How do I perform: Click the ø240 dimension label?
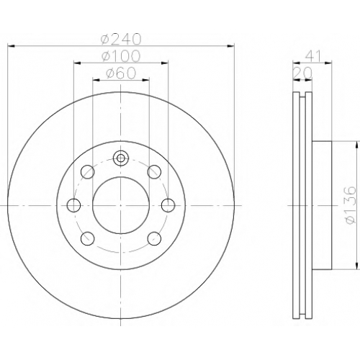coord(121,39)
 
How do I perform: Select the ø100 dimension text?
coord(121,56)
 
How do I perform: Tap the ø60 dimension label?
coord(121,73)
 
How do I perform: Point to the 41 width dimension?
coord(312,57)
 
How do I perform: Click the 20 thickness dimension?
coord(303,73)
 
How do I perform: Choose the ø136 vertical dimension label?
coord(351,204)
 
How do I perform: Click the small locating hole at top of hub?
coord(121,158)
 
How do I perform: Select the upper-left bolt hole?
coord(87,172)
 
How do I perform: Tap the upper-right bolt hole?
coord(154,172)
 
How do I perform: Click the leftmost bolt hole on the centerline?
coord(73,205)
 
